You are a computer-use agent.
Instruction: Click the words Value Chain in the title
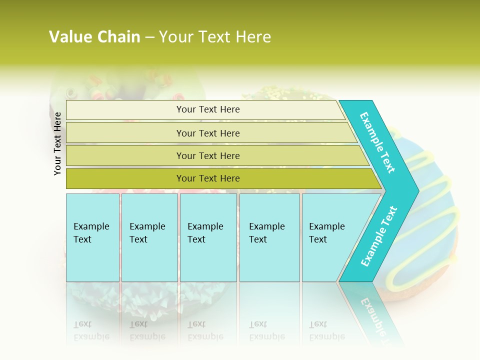coord(94,37)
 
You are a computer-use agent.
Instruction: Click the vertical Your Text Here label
coord(57,143)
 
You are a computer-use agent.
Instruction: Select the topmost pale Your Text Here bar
coord(207,109)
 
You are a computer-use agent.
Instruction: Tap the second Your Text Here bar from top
coord(207,133)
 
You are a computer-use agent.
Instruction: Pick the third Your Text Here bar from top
coord(207,155)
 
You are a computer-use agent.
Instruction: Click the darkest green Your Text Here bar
coord(207,178)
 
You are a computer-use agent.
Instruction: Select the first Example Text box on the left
coord(92,237)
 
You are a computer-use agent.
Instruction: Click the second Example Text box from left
coord(149,237)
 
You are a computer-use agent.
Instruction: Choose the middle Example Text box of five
coord(208,237)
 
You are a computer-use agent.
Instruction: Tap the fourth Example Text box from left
coord(269,237)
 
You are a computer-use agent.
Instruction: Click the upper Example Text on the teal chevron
coord(377,142)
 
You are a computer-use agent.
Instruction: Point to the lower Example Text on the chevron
coord(378,236)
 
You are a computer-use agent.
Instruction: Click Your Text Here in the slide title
coord(215,37)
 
